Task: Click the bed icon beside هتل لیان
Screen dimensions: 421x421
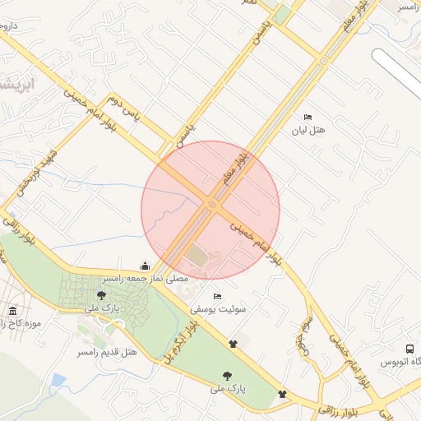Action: click(x=308, y=117)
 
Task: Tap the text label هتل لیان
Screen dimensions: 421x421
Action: click(x=312, y=130)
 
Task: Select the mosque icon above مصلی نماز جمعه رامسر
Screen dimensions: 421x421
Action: click(x=146, y=266)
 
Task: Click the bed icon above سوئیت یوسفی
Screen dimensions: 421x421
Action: click(x=217, y=296)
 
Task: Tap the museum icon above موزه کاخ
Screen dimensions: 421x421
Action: click(x=13, y=311)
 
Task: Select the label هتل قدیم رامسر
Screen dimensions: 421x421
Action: click(x=107, y=353)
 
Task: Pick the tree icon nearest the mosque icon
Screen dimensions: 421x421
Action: click(x=102, y=294)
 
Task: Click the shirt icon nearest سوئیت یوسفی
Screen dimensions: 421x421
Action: click(x=233, y=344)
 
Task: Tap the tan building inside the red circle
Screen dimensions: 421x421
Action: click(x=200, y=257)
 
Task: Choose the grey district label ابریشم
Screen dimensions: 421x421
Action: click(x=16, y=85)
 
